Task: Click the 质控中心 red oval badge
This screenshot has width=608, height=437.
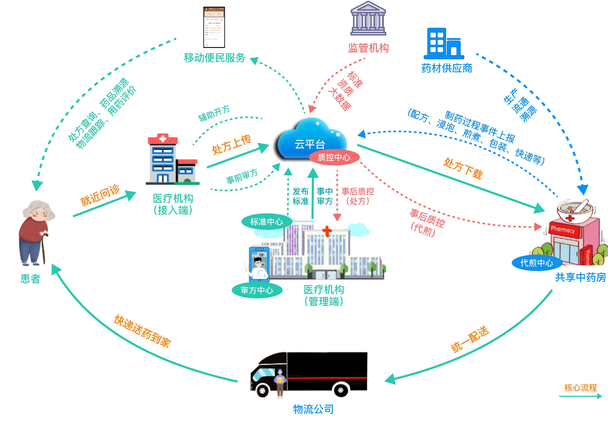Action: pos(334,157)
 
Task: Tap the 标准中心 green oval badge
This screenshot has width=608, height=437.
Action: pos(266,222)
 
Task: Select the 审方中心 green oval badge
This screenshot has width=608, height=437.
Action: pos(257,290)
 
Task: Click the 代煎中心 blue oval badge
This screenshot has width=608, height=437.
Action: pos(536,263)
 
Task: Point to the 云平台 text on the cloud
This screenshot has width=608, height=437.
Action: pos(310,144)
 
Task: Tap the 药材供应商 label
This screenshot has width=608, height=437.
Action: pos(447,68)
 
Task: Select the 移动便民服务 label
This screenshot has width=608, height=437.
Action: pos(214,58)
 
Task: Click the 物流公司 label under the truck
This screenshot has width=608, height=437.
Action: pos(313,409)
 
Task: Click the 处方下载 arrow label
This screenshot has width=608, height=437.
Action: pos(463,169)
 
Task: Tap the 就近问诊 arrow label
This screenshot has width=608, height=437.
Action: pos(100,195)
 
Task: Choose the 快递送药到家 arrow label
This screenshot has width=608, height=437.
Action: pos(142,332)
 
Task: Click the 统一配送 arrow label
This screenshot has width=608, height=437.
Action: pos(470,339)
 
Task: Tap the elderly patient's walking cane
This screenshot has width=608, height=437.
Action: pos(44,248)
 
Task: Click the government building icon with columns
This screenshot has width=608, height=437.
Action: pos(368,19)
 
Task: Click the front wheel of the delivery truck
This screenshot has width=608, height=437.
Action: pos(263,391)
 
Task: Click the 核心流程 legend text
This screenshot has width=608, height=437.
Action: pos(580,388)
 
